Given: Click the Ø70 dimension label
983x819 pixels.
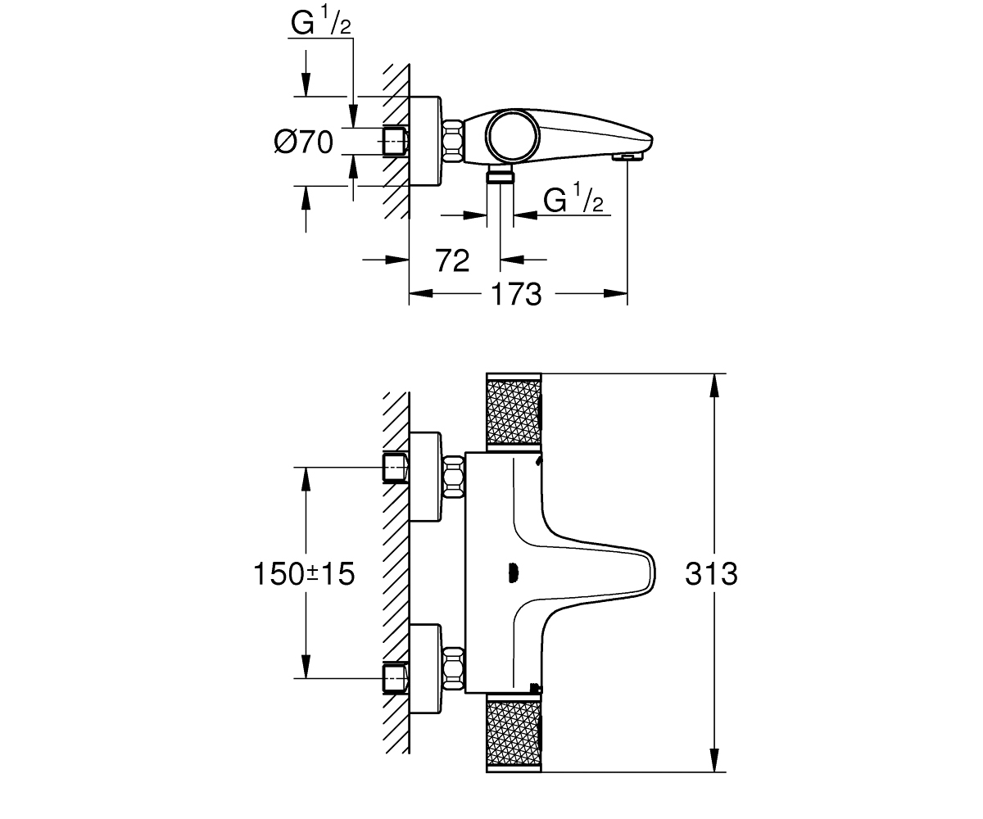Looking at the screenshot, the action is click(304, 142).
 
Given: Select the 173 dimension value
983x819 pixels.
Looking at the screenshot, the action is click(516, 295).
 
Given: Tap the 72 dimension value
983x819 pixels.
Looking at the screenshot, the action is click(452, 260).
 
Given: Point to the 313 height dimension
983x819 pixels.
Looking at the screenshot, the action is click(711, 574).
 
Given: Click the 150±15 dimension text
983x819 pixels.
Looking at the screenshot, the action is click(304, 574).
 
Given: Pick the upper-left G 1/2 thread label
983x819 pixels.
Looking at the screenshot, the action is click(320, 22).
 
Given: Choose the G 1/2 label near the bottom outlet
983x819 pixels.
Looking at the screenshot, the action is click(573, 198).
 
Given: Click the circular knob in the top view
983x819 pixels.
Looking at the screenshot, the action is click(511, 136).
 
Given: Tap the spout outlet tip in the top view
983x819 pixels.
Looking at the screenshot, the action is click(628, 156).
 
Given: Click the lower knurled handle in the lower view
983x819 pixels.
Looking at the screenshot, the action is click(514, 733).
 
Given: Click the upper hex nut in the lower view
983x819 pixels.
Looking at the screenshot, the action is click(454, 477).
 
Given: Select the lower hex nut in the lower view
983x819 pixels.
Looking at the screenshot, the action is click(454, 669).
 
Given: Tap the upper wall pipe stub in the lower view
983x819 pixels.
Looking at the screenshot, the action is click(396, 468).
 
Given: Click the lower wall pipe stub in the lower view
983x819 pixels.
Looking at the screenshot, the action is click(396, 679).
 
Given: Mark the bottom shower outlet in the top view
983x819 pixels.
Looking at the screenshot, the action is click(500, 174).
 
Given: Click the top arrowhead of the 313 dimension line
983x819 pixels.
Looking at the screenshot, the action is click(714, 386).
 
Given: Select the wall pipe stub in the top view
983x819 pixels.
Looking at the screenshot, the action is click(396, 141).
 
